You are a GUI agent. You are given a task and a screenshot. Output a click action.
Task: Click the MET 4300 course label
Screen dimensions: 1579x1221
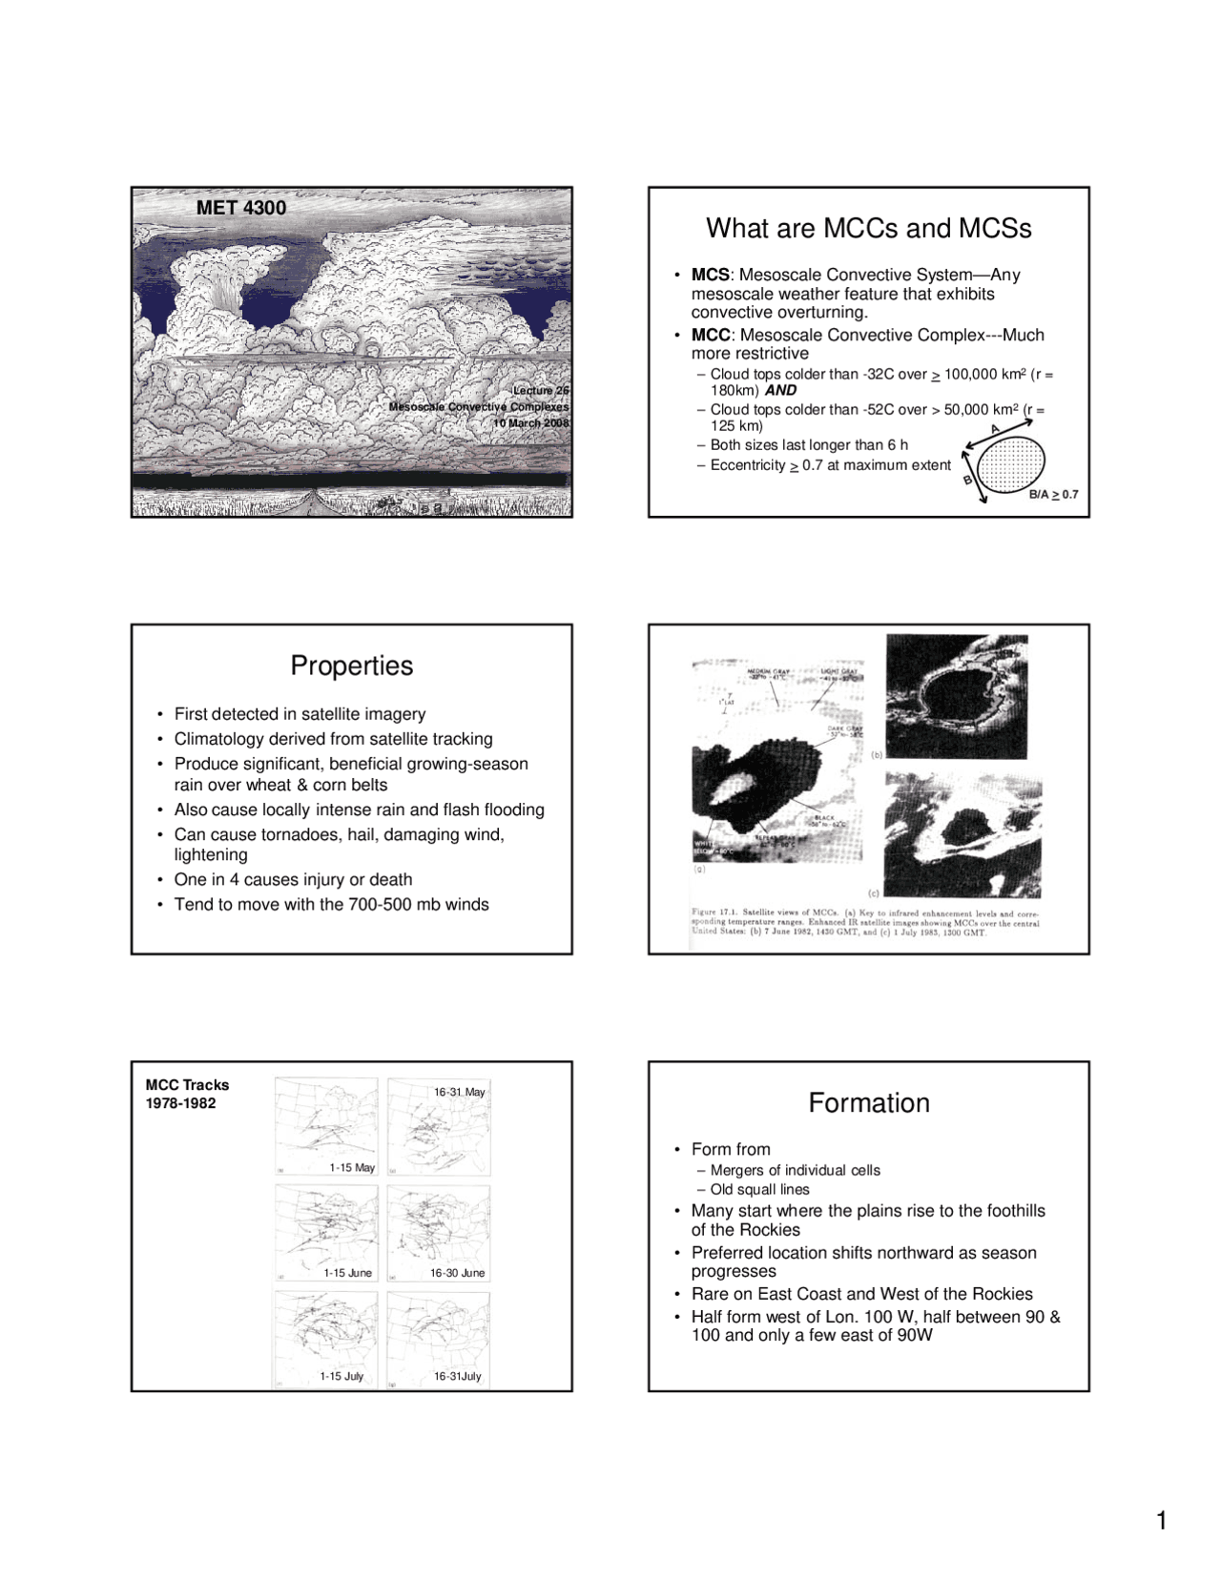point(240,208)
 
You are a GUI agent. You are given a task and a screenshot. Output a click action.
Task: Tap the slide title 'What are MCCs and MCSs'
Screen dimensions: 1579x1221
point(868,229)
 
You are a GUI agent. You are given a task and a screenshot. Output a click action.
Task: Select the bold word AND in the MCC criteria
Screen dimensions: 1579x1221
point(780,390)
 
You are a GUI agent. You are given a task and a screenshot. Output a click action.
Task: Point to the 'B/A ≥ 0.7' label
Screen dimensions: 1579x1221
point(1053,495)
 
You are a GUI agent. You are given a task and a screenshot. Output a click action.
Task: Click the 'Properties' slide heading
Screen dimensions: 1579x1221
point(351,666)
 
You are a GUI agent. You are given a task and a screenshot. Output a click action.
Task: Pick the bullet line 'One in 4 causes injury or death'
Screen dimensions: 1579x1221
point(293,879)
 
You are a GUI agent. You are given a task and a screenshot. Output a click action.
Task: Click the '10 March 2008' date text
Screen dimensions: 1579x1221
point(530,423)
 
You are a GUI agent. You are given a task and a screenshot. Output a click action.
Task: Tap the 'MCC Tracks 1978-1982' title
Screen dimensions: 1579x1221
point(187,1094)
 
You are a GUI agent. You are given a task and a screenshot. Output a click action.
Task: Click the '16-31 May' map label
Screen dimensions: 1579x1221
point(460,1092)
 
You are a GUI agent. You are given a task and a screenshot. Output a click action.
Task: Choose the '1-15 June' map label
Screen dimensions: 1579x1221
point(347,1273)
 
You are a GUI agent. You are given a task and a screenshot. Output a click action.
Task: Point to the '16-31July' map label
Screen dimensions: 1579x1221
point(457,1376)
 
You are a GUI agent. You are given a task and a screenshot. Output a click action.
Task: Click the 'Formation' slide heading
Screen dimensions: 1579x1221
point(868,1103)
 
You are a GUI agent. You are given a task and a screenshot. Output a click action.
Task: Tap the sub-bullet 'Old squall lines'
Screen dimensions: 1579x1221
point(759,1189)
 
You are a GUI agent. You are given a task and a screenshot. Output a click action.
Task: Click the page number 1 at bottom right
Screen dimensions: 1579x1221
point(1161,1521)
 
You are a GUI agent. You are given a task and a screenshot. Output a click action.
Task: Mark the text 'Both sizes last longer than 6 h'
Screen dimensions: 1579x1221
point(809,445)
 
